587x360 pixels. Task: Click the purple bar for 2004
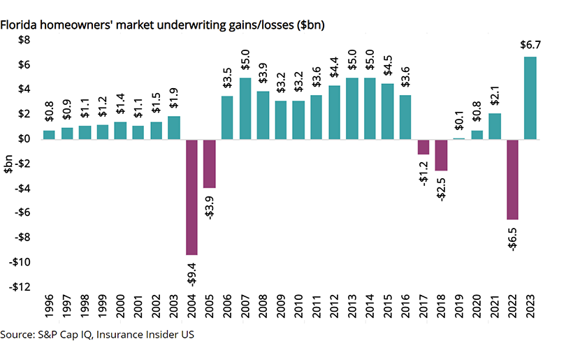point(192,196)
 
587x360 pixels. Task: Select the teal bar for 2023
point(531,98)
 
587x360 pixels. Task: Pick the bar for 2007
point(245,108)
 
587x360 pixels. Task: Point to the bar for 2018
point(442,154)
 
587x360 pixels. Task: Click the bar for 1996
point(49,135)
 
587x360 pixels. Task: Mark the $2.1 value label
point(495,96)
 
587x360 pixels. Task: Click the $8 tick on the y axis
point(24,41)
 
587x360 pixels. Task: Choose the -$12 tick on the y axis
point(20,287)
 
